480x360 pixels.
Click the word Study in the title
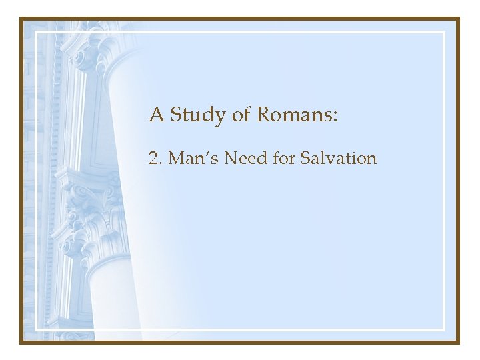coord(198,115)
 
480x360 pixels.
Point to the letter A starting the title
coord(157,115)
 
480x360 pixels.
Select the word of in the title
coord(241,115)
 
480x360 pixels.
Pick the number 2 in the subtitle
coord(153,159)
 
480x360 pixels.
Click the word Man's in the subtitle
coord(187,159)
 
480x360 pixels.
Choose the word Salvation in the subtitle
coord(339,159)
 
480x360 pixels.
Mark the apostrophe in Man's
coord(198,154)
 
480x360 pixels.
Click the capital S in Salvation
coord(305,159)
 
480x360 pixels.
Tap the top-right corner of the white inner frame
coord(443,32)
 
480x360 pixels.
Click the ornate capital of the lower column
coord(87,213)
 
